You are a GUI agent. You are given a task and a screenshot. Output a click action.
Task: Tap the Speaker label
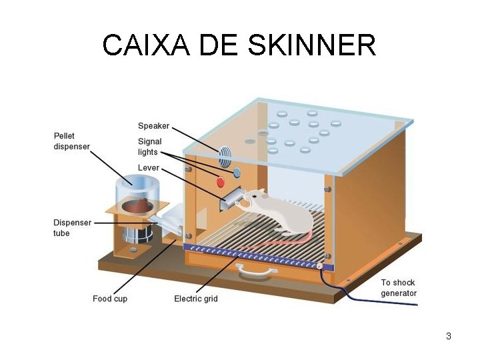tap(153, 125)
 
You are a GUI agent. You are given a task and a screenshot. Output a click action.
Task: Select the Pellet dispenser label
tap(71, 141)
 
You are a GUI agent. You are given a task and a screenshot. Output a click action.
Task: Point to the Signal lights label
tap(149, 147)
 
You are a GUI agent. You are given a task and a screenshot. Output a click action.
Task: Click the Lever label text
tap(149, 167)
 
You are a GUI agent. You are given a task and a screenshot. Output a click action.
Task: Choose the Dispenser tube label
tap(71, 227)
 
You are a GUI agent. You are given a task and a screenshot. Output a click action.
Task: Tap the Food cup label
tap(110, 299)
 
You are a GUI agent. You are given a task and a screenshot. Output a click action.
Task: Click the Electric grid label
tap(196, 299)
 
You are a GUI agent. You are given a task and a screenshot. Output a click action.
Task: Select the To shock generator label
tap(399, 288)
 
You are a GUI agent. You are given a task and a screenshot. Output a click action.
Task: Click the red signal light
tap(221, 181)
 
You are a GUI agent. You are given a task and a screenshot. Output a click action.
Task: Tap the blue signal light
tap(236, 173)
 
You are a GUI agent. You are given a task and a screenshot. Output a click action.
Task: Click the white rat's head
tap(257, 197)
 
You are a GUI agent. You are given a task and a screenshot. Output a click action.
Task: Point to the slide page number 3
tap(449, 336)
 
